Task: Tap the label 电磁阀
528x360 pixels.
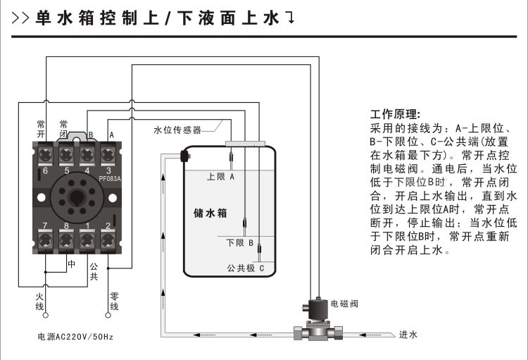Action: click(344, 304)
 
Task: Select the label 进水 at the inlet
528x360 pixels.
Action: click(408, 335)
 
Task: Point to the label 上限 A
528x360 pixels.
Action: click(220, 178)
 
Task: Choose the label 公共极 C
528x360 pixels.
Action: click(245, 268)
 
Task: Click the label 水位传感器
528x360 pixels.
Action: click(178, 130)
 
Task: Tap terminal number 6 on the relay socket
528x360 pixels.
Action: click(45, 170)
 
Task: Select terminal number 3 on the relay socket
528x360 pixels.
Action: click(108, 170)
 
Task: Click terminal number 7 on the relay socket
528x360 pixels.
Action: click(45, 225)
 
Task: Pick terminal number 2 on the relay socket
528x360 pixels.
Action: click(108, 225)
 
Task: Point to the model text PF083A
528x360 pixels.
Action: click(110, 178)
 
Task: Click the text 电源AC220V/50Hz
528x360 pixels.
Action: click(75, 337)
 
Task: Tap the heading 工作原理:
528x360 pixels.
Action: click(395, 114)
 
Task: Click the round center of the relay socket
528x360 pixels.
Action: click(76, 197)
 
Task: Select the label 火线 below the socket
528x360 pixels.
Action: click(40, 302)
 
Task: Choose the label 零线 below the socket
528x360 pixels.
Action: click(113, 302)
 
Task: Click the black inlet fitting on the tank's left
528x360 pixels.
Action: click(185, 155)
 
